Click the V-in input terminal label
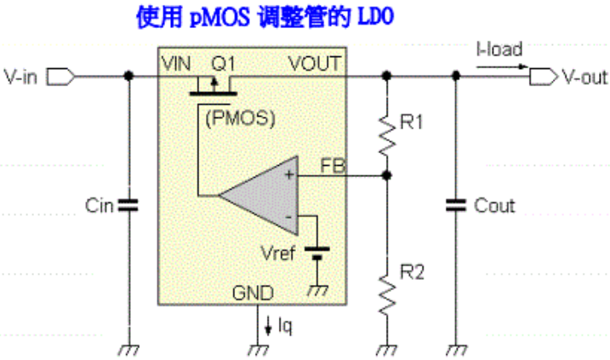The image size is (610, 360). coord(21,77)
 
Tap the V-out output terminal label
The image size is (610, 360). coord(584,77)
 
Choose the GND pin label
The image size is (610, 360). coord(254,294)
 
